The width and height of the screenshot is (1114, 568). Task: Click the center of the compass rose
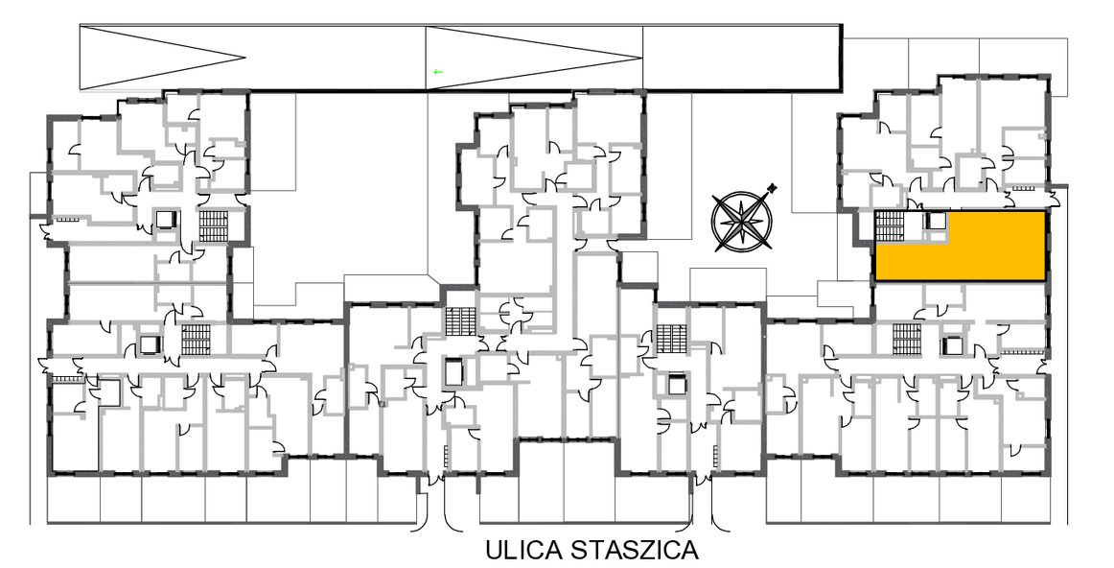point(742,222)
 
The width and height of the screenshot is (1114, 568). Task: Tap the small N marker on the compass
point(773,188)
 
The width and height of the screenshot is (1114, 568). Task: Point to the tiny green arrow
point(438,71)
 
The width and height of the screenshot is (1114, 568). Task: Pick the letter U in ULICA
point(495,550)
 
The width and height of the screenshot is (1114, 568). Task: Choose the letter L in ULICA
point(512,550)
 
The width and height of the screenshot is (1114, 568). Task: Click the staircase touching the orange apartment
point(888,226)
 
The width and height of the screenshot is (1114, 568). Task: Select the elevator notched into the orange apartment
point(936,221)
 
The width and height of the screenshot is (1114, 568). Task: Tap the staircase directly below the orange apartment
point(907,339)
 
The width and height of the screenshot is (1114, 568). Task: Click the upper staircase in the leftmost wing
point(212,225)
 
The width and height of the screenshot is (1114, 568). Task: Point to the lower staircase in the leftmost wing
point(194,339)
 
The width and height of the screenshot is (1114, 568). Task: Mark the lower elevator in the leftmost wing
point(150,345)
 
